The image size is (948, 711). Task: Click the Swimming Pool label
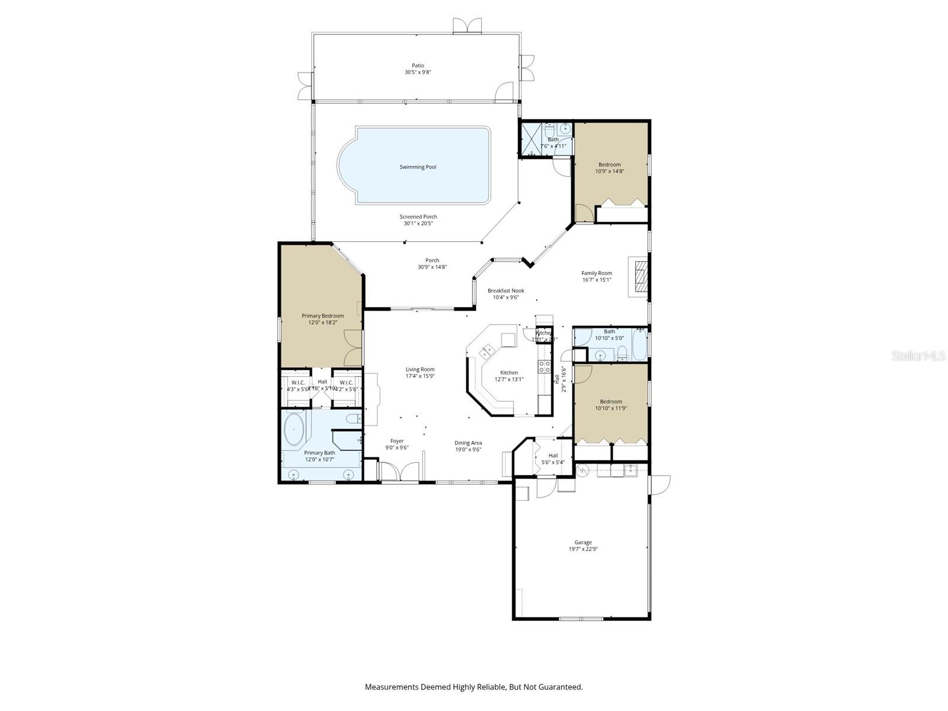pos(418,167)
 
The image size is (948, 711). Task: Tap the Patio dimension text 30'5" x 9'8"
pos(418,72)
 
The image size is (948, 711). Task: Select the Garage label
pos(583,542)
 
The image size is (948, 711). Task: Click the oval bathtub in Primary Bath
pos(294,430)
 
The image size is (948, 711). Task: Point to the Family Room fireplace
pos(639,276)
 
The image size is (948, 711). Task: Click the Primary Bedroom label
pos(322,316)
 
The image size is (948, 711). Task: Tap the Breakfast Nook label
pos(505,290)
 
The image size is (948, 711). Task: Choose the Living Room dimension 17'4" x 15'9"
pos(420,376)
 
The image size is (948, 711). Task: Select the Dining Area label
pos(467,443)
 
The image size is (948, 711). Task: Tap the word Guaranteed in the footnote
pos(560,687)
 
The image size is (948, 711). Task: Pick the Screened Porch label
pos(418,217)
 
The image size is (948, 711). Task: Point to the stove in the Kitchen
pos(544,366)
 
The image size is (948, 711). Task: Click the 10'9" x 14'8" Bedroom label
pos(609,165)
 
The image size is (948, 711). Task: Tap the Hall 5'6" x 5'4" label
pos(553,456)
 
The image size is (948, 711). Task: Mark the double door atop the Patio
pos(467,25)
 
